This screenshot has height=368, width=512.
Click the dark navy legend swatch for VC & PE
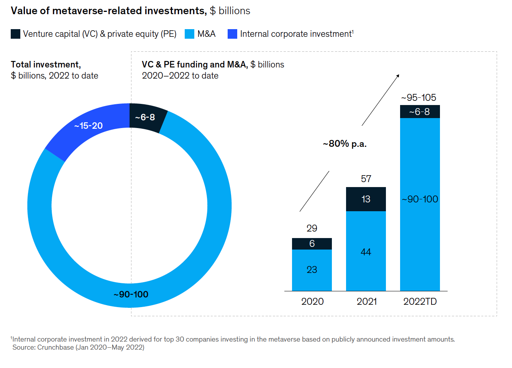point(15,34)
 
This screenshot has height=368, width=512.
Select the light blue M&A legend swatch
point(189,34)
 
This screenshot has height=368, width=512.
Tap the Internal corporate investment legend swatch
point(232,34)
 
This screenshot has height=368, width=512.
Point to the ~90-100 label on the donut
point(131,294)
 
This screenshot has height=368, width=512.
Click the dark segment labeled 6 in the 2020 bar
point(312,244)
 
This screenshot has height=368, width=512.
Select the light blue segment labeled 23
point(312,270)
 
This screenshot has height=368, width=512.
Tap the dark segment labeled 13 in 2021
point(366,199)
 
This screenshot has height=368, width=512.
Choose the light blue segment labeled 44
point(366,252)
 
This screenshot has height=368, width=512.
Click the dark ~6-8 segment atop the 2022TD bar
point(420,112)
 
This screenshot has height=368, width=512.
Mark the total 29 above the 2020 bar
point(312,228)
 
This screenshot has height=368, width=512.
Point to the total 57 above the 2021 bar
point(366,179)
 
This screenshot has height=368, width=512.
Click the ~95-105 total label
point(419,98)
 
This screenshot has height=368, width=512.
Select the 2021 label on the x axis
point(367,302)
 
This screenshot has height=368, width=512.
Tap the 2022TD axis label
point(420,302)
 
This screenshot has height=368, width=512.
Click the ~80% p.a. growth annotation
point(345,144)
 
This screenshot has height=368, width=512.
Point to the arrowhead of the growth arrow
point(398,76)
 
